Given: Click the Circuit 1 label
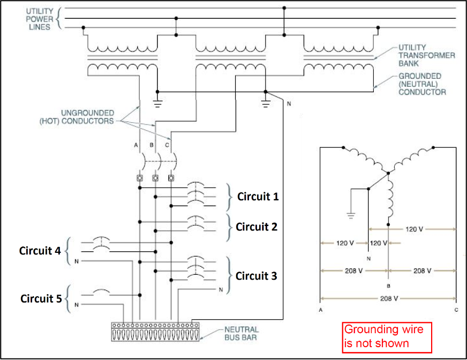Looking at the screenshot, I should pyautogui.click(x=258, y=197).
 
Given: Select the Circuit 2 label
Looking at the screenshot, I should pyautogui.click(x=257, y=227).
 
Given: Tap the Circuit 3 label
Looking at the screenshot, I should pyautogui.click(x=257, y=276).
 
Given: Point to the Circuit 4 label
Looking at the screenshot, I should pyautogui.click(x=41, y=250).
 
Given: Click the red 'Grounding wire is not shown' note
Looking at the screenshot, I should pyautogui.click(x=387, y=336).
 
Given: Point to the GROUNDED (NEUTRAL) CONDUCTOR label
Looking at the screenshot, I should pyautogui.click(x=422, y=84).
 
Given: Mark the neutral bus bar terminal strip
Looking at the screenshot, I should pyautogui.click(x=154, y=332).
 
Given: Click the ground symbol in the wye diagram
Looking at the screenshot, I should pyautogui.click(x=351, y=215).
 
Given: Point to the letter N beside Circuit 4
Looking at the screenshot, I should pyautogui.click(x=77, y=262).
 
